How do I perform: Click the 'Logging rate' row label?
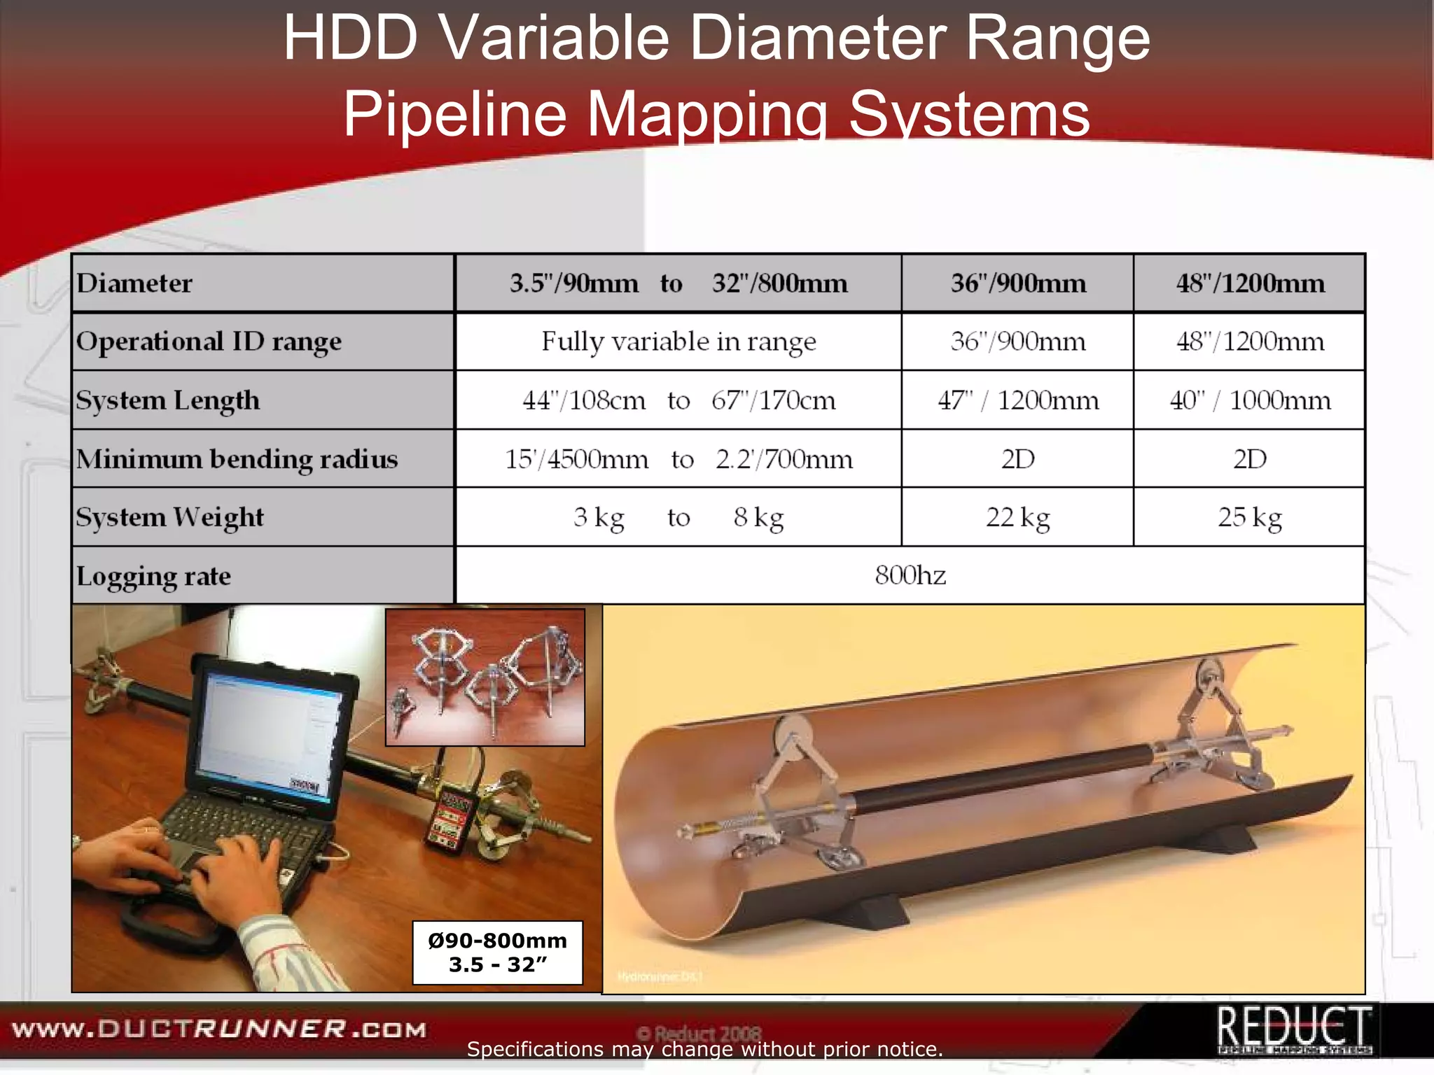(153, 576)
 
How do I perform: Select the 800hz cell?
(910, 575)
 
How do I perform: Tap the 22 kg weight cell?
(1017, 517)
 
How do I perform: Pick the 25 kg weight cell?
(1249, 517)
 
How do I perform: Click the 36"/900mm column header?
(1018, 283)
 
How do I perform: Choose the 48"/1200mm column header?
(1250, 283)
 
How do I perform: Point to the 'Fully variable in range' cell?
(678, 342)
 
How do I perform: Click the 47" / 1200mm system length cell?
(1018, 400)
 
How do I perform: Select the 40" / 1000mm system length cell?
(1250, 400)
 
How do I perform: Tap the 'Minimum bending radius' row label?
(237, 459)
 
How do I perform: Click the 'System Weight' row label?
(170, 517)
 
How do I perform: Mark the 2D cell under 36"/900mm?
(1017, 459)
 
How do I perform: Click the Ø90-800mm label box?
(497, 953)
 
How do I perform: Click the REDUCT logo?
(1294, 1029)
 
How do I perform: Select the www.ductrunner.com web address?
(219, 1030)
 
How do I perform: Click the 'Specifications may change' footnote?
(704, 1049)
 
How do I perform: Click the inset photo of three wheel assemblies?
(485, 677)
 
